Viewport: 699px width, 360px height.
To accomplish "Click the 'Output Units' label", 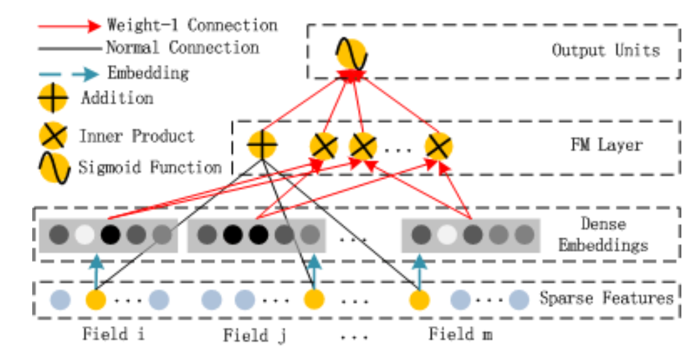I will (605, 50).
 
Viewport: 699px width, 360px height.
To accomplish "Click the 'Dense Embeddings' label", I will (603, 235).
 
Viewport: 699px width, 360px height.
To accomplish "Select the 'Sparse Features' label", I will (607, 299).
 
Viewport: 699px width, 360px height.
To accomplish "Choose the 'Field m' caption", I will (460, 334).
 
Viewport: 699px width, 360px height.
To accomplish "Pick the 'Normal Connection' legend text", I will (182, 47).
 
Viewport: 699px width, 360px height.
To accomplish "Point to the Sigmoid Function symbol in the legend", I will (53, 167).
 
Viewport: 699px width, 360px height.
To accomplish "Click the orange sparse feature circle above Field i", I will (96, 300).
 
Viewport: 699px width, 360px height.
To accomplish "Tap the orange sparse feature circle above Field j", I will (314, 300).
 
